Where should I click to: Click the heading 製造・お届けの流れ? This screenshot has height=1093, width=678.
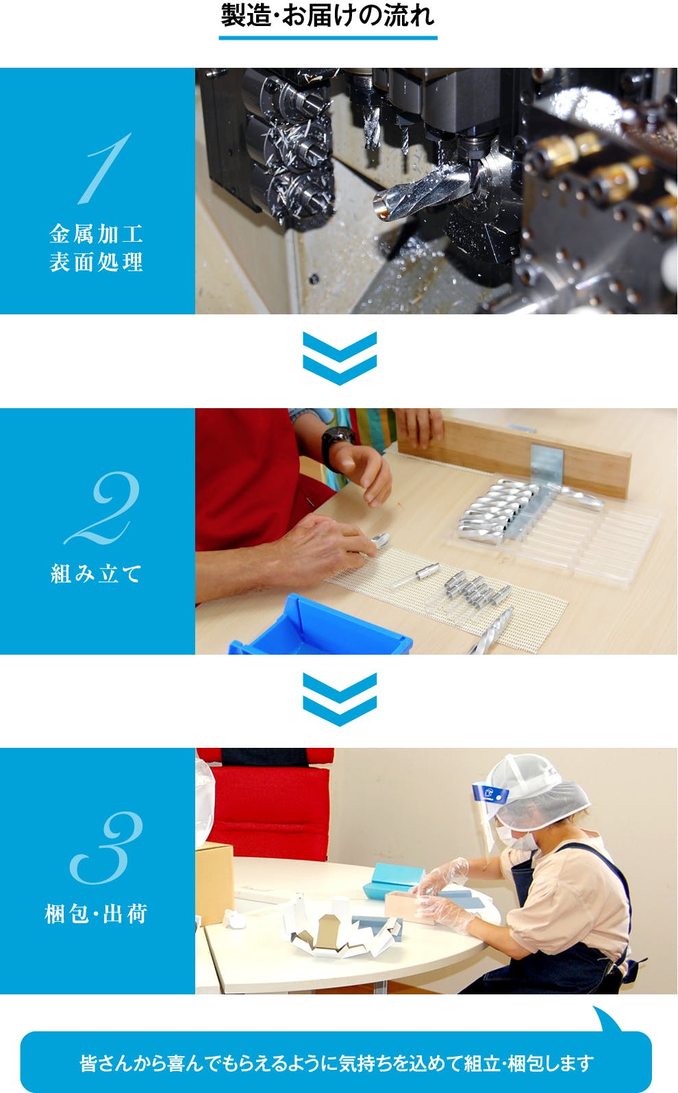(327, 16)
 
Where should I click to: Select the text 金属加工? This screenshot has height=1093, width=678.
(96, 234)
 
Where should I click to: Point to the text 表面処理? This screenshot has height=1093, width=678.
(96, 262)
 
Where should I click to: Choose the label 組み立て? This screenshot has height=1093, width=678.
(96, 573)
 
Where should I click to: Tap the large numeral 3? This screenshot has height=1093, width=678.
(106, 848)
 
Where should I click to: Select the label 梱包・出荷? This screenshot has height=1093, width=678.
(96, 914)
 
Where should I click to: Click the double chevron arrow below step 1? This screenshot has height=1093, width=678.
(340, 358)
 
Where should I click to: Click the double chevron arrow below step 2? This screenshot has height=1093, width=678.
(340, 699)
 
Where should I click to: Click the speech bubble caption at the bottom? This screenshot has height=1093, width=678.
(336, 1062)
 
